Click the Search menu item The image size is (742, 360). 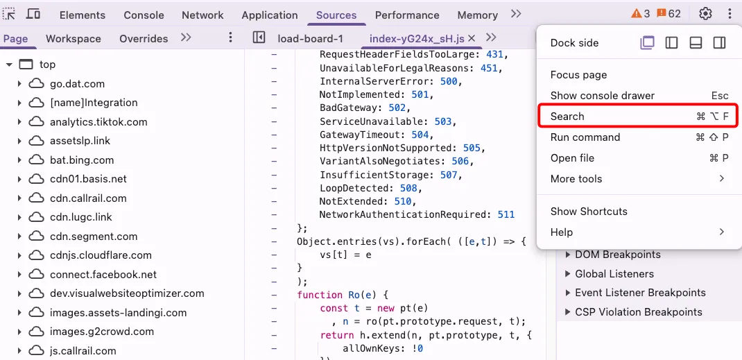pos(567,117)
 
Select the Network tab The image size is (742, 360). pos(202,15)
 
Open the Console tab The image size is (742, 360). pos(144,15)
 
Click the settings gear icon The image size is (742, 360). pos(705,14)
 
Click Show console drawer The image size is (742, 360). pos(602,96)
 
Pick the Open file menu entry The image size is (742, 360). pos(572,158)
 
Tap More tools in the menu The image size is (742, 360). pos(576,179)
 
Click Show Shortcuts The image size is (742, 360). pos(589,212)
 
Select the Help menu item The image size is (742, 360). pos(562,232)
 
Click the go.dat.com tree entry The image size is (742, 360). pos(77,84)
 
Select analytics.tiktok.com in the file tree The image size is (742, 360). pos(98,122)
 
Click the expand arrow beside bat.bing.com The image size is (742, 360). pos(19,160)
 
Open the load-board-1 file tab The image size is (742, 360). pos(310,39)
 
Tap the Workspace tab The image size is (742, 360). pos(74,39)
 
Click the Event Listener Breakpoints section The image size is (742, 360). pos(640,293)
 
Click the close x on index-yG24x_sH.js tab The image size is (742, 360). pos(472,39)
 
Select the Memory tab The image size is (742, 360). pos(478,15)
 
